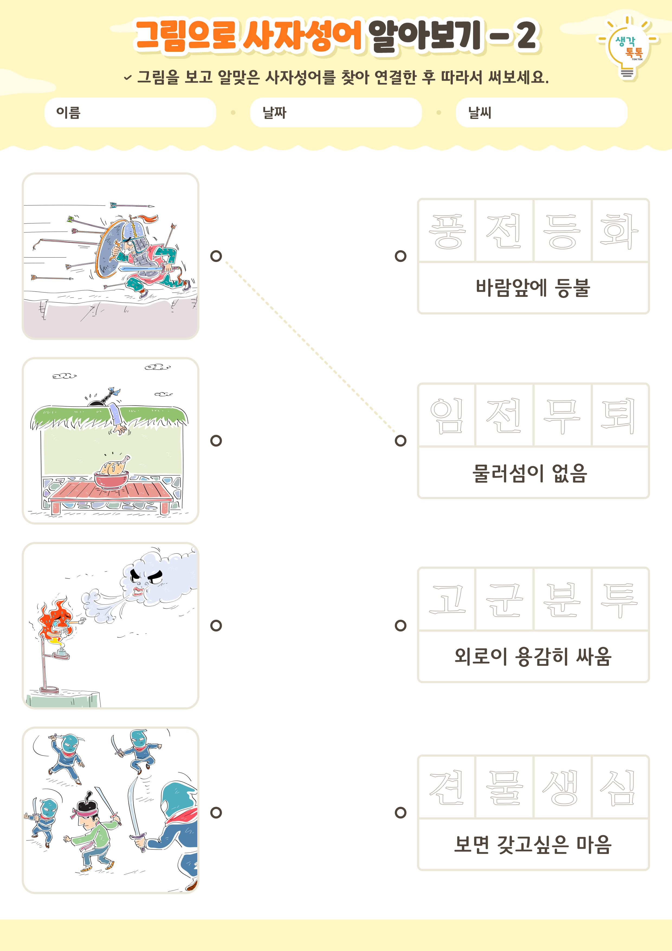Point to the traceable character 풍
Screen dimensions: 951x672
pyautogui.click(x=447, y=231)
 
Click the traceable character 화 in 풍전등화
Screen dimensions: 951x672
pyautogui.click(x=619, y=231)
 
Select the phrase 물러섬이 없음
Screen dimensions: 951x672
pyautogui.click(x=530, y=473)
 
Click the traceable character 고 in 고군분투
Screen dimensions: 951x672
pyautogui.click(x=447, y=599)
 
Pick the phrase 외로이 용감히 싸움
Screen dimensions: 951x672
pyautogui.click(x=533, y=657)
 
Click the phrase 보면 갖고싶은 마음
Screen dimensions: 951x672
pyautogui.click(x=533, y=844)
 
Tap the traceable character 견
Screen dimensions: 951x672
pyautogui.click(x=447, y=787)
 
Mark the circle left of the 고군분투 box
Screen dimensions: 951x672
pyautogui.click(x=400, y=625)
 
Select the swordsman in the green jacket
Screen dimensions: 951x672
pyautogui.click(x=93, y=833)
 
